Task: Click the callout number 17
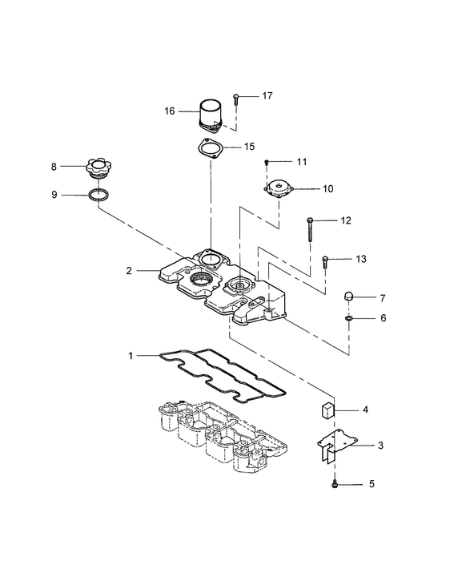(267, 96)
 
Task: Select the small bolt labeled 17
(235, 99)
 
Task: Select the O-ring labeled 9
(99, 195)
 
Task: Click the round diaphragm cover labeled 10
(279, 188)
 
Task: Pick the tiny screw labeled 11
(267, 163)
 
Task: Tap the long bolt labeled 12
(310, 229)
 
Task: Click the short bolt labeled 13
(325, 262)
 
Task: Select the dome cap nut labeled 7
(348, 297)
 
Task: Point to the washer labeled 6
(348, 317)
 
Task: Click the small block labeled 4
(326, 410)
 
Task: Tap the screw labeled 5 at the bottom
(335, 484)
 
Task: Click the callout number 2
(129, 271)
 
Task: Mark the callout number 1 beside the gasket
(131, 356)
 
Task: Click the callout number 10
(327, 188)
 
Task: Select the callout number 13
(361, 259)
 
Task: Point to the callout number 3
(380, 446)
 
